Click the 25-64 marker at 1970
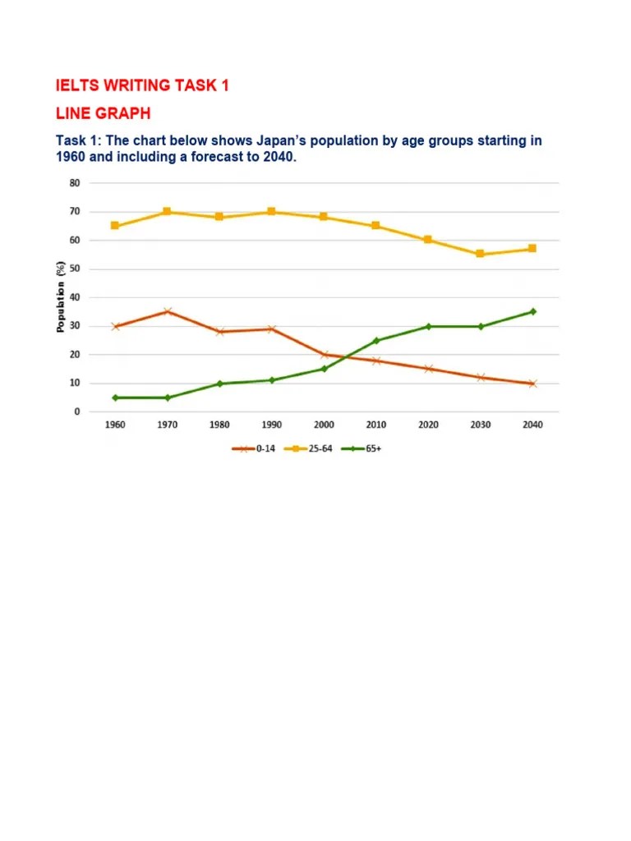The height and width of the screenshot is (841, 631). click(x=167, y=212)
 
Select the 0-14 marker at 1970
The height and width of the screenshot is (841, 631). click(x=167, y=311)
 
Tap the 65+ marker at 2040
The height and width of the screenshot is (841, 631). click(x=532, y=311)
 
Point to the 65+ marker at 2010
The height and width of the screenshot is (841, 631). click(x=375, y=340)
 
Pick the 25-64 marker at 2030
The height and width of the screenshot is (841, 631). click(x=480, y=255)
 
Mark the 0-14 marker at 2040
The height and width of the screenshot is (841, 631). click(x=532, y=384)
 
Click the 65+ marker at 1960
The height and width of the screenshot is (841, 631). click(x=114, y=398)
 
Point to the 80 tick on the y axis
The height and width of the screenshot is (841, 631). click(x=75, y=183)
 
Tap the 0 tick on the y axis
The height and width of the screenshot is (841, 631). click(x=77, y=411)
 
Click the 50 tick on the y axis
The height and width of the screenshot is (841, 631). click(x=75, y=269)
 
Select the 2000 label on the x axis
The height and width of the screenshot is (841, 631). click(x=323, y=425)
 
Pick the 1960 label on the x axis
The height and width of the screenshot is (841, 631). click(x=114, y=425)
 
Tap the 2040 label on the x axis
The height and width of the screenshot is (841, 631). click(x=532, y=425)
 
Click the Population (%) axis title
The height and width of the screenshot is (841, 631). click(x=60, y=296)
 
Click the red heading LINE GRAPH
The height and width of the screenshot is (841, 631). click(x=103, y=112)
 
